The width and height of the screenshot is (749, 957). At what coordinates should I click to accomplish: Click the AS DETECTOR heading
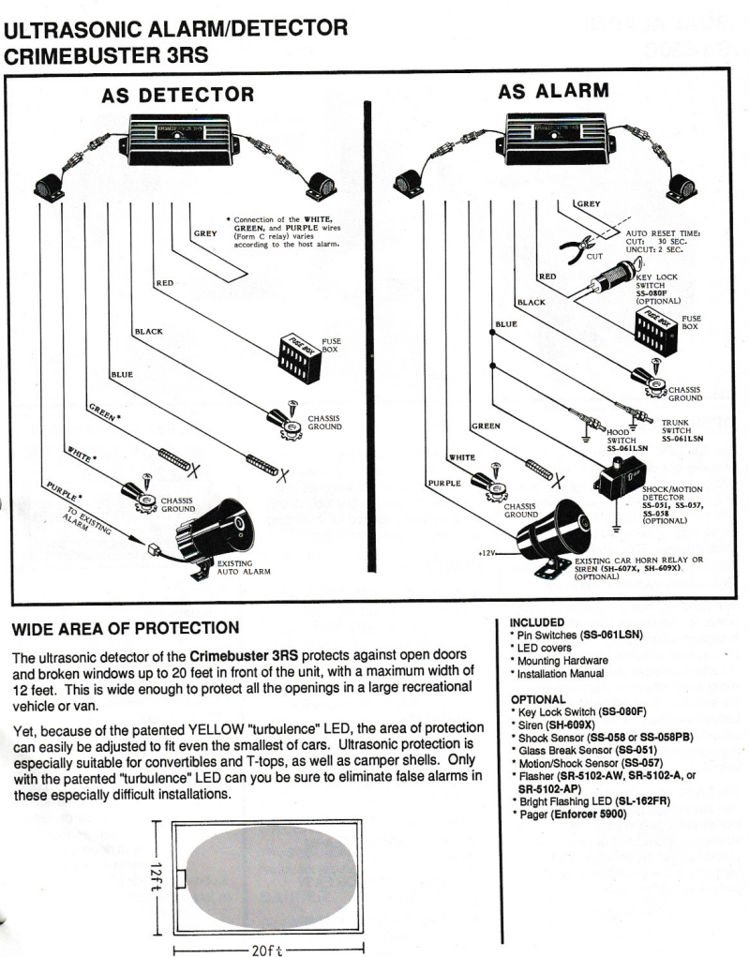(x=177, y=95)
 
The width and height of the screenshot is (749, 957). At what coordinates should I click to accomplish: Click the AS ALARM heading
(x=554, y=91)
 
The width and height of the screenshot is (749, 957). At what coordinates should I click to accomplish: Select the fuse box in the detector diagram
(x=298, y=354)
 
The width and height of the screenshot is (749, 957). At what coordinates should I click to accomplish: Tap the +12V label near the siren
(x=486, y=553)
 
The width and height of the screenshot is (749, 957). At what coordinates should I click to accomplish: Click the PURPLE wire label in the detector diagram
(x=63, y=490)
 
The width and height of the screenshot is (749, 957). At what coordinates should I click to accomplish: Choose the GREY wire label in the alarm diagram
(x=587, y=202)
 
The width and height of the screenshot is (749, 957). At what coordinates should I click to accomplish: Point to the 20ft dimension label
(x=269, y=949)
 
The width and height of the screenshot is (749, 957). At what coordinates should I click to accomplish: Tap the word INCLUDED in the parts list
(x=536, y=621)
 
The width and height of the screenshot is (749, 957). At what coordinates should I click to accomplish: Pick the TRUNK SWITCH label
(x=679, y=429)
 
